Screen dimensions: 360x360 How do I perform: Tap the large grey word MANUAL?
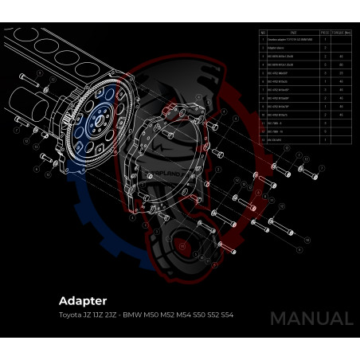tap(311, 319)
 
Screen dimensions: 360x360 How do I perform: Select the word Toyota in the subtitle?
tap(70, 316)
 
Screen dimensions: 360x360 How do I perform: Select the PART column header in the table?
tap(294, 33)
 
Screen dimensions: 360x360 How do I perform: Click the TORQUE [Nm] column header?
tap(344, 33)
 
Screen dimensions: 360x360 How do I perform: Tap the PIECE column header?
tap(325, 33)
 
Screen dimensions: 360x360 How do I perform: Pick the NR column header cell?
tap(264, 33)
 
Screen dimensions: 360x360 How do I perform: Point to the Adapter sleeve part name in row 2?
tap(280, 49)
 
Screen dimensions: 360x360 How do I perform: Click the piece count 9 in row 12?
tap(325, 131)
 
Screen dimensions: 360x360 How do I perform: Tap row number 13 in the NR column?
tap(264, 139)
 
